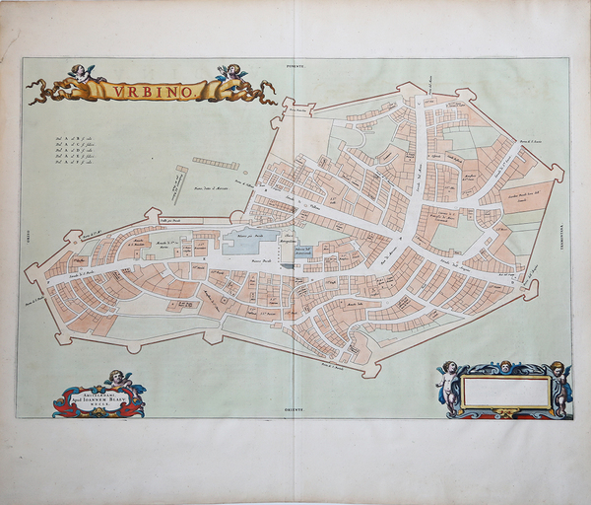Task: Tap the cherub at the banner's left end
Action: pyautogui.click(x=83, y=75)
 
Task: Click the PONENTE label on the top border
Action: pyautogui.click(x=296, y=64)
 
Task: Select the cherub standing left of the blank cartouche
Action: pyautogui.click(x=449, y=385)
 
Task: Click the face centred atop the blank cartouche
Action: pyautogui.click(x=505, y=367)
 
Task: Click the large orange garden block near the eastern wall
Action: pyautogui.click(x=526, y=196)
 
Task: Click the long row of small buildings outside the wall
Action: pyautogui.click(x=216, y=162)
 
